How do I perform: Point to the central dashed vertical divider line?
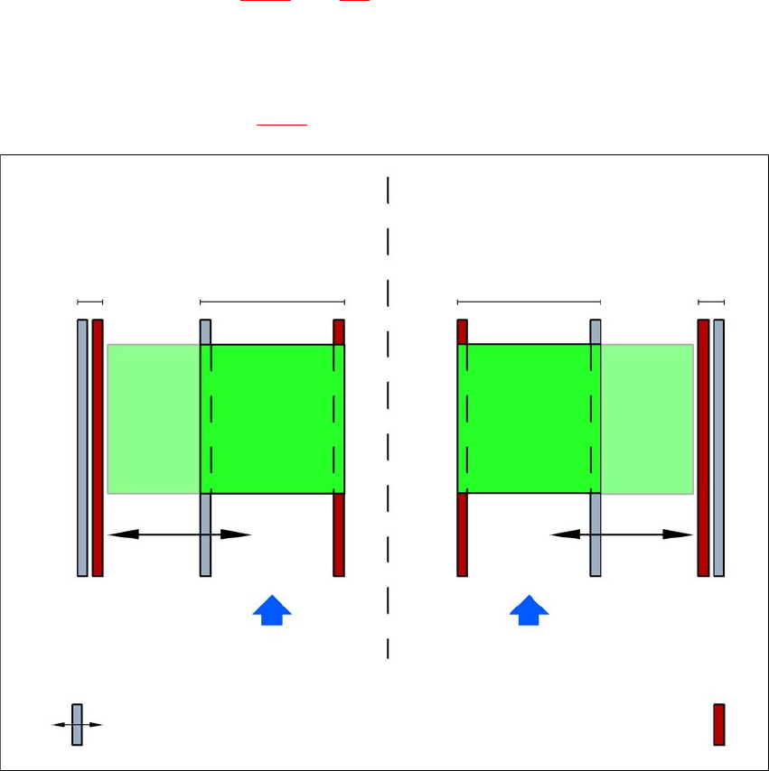[388, 415]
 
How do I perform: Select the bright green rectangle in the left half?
[272, 418]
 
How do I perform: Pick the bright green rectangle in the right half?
[529, 418]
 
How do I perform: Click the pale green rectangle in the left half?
[153, 418]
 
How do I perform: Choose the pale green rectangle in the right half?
[647, 418]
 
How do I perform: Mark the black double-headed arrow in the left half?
[178, 534]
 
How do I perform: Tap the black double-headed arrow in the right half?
[622, 534]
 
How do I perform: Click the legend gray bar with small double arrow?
[77, 724]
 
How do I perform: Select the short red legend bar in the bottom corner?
[719, 724]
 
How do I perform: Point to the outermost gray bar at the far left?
[82, 447]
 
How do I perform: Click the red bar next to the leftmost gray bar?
[98, 447]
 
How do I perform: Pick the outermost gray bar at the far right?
[719, 447]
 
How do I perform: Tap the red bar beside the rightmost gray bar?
[703, 447]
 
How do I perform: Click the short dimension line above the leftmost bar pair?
[90, 302]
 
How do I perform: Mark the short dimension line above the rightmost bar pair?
[711, 302]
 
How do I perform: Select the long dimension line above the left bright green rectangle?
[272, 302]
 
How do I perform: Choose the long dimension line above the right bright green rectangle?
[529, 302]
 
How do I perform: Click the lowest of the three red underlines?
[283, 125]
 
